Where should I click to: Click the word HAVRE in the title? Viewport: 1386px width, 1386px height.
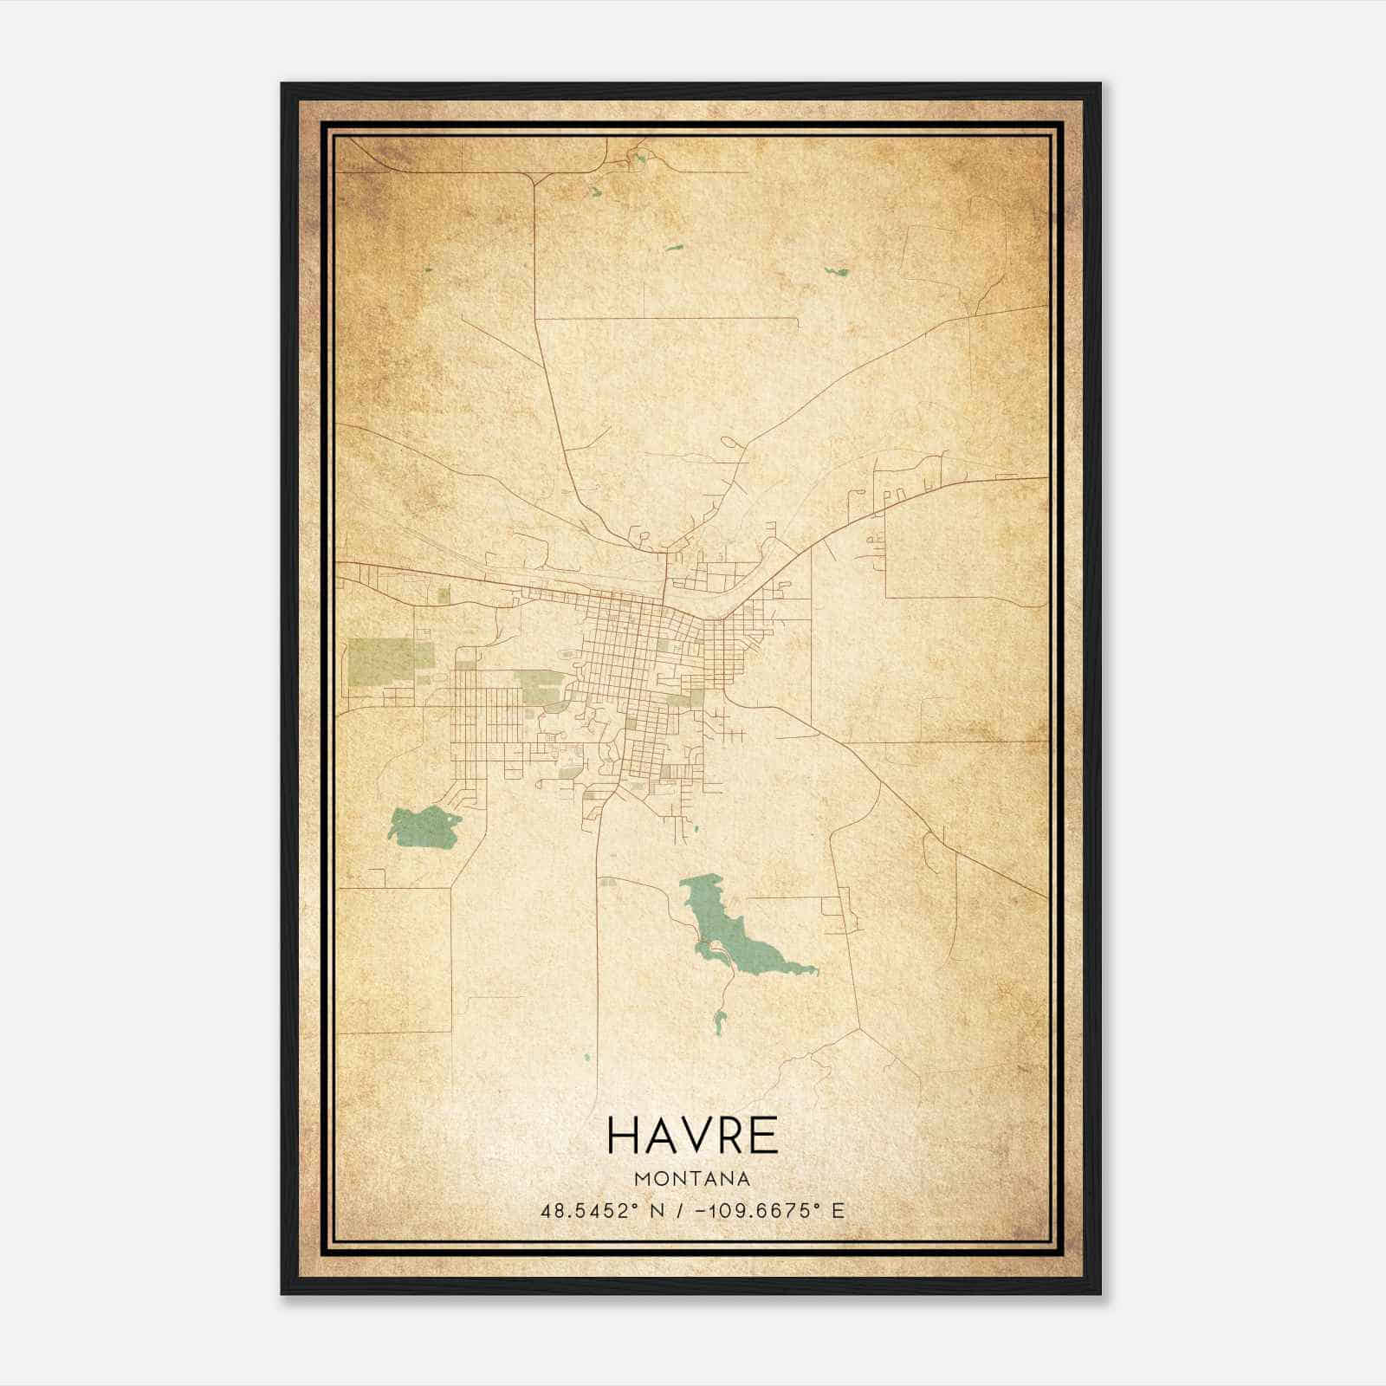tap(692, 1135)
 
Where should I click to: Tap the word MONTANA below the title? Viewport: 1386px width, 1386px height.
tap(692, 1179)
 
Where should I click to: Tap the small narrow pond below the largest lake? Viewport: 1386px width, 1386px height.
tap(718, 1023)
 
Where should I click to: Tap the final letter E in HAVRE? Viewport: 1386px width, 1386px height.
tap(762, 1135)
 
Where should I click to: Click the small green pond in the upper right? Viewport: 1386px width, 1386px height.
tap(837, 271)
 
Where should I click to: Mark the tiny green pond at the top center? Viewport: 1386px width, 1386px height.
tap(640, 158)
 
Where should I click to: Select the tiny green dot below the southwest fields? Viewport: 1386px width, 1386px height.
tap(586, 1058)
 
